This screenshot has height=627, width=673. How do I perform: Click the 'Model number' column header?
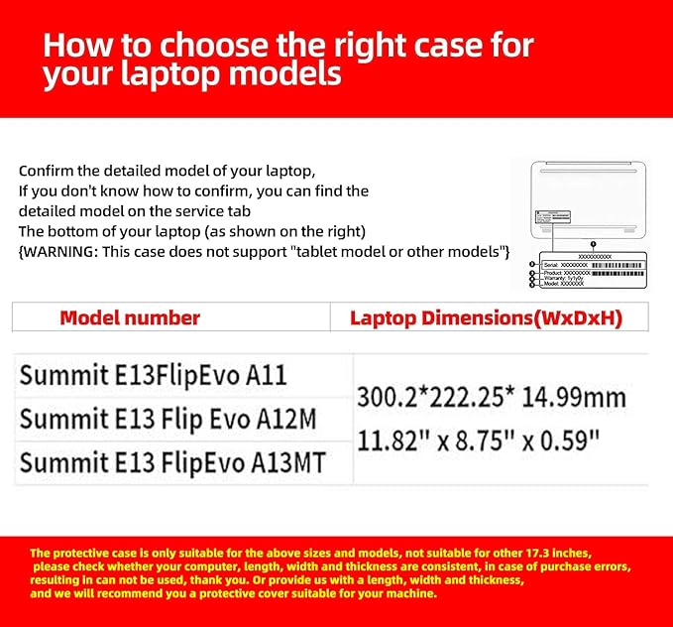coord(130,318)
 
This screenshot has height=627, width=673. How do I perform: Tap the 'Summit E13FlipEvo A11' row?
coord(153,376)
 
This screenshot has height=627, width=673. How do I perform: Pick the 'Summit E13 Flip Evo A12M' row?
coord(168,419)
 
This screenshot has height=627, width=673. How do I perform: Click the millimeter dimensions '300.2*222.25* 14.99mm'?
coord(491,398)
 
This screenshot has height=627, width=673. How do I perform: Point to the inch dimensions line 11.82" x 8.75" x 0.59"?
coord(479,437)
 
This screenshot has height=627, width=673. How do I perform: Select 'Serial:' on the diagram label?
coord(550,266)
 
